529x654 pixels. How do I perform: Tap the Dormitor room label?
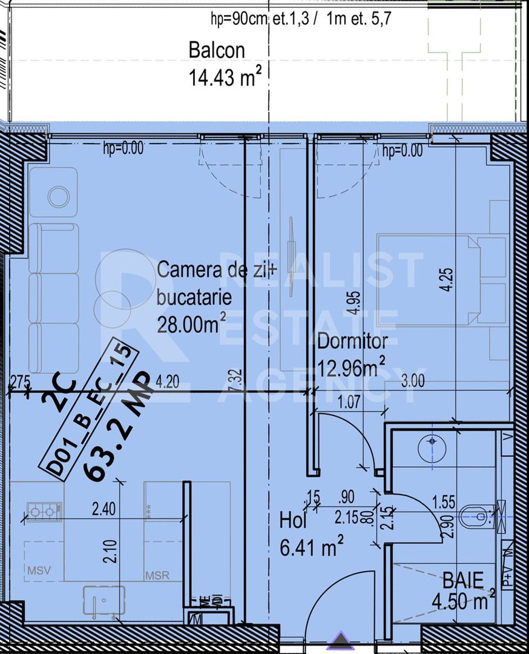352,342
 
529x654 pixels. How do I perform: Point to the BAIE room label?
463,581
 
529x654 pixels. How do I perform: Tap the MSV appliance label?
38,570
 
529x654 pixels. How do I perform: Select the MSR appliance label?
157,576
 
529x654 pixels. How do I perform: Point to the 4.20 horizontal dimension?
167,382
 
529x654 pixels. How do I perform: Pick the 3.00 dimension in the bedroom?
413,381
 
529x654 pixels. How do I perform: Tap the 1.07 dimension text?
348,401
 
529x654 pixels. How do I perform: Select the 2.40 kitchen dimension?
103,510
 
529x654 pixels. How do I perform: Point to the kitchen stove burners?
42,512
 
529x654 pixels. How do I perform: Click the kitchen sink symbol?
103,600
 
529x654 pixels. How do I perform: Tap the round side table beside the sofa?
58,197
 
